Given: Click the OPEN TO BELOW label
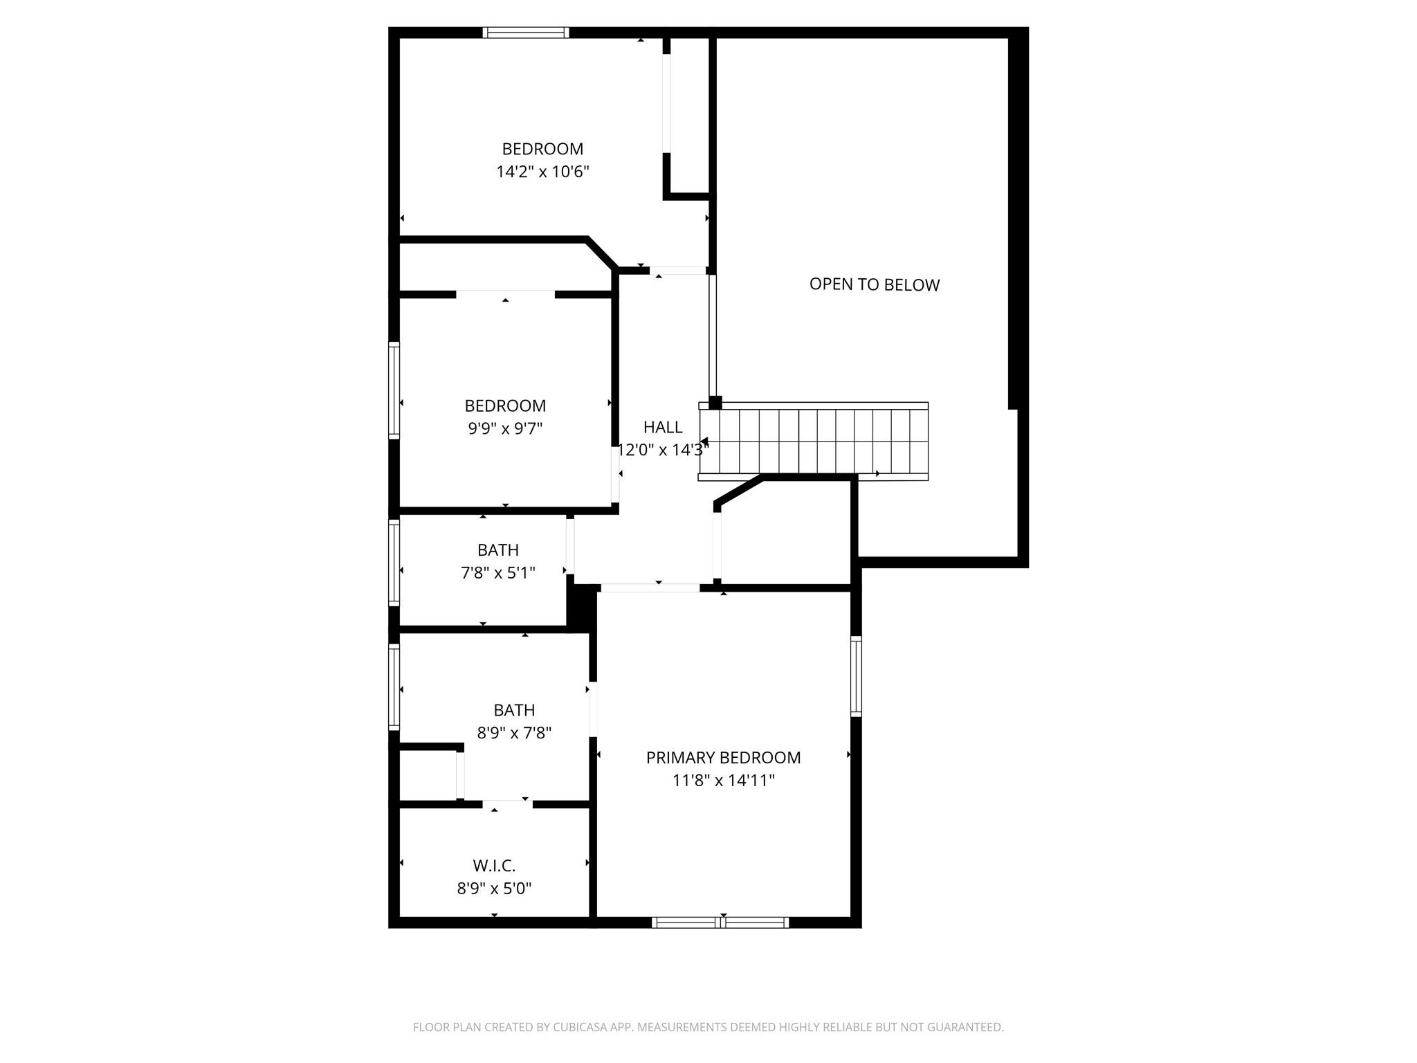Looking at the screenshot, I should pos(875,284).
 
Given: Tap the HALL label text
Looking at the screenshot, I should pos(663,427).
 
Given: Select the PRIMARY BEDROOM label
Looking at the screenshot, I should pos(723,758).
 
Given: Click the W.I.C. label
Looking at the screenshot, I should pos(494,866).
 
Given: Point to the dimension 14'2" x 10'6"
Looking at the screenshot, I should pos(542,172).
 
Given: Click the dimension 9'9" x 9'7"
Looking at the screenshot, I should pos(505,428).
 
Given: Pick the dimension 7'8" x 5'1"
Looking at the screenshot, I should pos(498,573).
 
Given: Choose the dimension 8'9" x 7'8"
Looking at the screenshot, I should pos(514,732).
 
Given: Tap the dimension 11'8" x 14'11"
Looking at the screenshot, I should pos(723,781).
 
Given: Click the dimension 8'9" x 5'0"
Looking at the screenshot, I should pos(494,888).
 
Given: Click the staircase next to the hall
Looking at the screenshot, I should pos(813,441).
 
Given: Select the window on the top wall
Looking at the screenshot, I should pos(526,33).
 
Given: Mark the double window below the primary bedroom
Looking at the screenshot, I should pos(720,922).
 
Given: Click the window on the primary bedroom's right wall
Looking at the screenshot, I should pos(856,676).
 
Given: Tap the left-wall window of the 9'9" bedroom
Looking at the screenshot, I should pos(394,390).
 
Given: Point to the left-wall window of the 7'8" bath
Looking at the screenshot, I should pos(394,563).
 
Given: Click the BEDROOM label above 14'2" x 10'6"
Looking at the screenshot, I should pos(542,149).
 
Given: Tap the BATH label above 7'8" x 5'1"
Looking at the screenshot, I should pos(498,550).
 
